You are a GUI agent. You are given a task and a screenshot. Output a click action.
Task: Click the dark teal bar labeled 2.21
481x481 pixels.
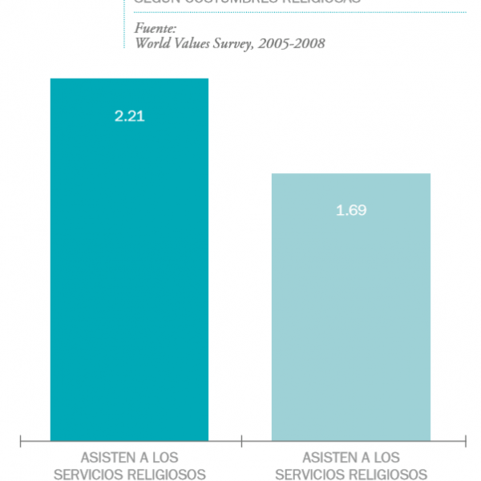(x=129, y=265)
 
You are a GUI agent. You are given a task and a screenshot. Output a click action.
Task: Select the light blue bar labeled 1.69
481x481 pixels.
(x=350, y=313)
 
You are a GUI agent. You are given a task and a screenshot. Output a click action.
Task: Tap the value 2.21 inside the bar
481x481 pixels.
(x=129, y=116)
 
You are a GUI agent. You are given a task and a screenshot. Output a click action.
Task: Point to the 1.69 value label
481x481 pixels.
(x=351, y=211)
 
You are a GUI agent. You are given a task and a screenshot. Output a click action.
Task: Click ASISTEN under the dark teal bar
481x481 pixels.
(x=102, y=458)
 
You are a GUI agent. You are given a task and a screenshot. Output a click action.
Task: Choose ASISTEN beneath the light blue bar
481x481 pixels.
(x=323, y=458)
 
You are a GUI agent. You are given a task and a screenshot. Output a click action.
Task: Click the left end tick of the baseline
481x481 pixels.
(x=20, y=440)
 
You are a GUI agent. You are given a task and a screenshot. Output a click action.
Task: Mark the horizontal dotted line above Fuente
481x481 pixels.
(x=297, y=12)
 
